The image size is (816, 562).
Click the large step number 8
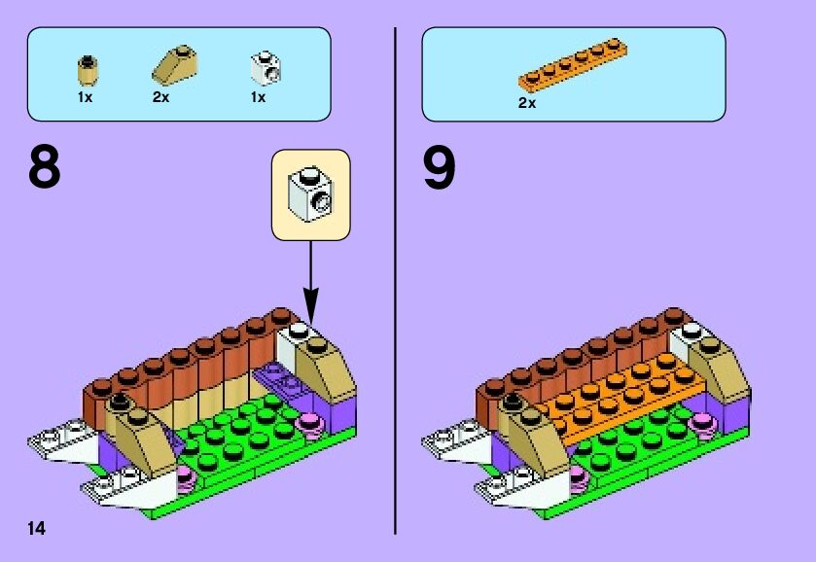[x=45, y=167]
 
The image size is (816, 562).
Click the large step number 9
[x=440, y=167]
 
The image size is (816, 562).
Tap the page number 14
[x=36, y=528]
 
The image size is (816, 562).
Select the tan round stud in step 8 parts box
[x=88, y=68]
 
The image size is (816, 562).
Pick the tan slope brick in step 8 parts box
[x=174, y=63]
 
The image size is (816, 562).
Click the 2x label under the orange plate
[x=527, y=102]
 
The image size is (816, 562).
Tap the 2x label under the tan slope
[x=161, y=97]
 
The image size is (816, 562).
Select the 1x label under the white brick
[x=258, y=97]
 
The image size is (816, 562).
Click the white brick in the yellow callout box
[x=310, y=193]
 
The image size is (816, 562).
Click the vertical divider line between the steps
[x=395, y=282]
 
